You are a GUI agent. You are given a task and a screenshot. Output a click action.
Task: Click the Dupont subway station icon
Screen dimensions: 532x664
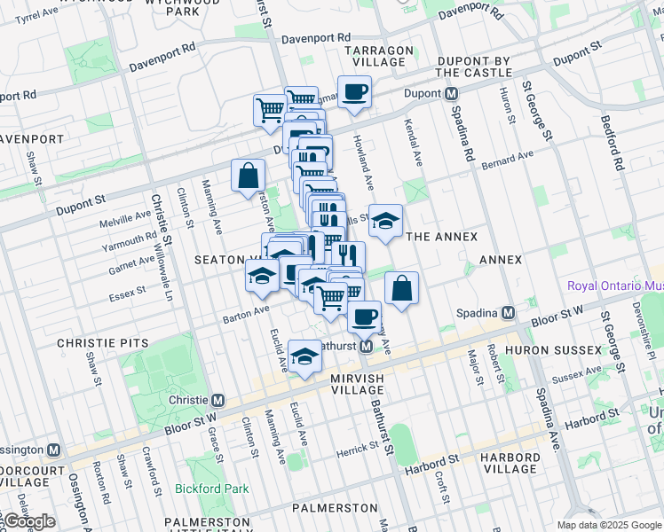[452, 93]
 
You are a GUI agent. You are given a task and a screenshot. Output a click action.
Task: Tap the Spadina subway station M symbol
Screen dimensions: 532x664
[508, 313]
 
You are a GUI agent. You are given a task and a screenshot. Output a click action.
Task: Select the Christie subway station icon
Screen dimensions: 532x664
[218, 400]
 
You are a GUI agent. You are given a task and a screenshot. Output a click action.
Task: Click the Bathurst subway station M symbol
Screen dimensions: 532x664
[366, 346]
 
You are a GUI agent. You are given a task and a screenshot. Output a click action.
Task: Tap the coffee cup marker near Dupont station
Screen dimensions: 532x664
[354, 92]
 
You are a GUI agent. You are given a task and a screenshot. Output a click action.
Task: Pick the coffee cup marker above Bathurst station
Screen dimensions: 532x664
[363, 316]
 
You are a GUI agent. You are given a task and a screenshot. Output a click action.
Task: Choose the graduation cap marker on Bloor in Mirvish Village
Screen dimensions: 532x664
[305, 357]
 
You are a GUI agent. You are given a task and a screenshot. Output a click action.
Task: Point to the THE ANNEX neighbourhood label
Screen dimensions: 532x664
[441, 237]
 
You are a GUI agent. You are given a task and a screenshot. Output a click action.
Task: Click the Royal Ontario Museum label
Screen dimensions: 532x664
[615, 286]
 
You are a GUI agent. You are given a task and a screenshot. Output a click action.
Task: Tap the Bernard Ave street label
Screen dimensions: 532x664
[508, 160]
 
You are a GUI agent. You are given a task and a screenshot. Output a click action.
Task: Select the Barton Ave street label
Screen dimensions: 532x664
[246, 312]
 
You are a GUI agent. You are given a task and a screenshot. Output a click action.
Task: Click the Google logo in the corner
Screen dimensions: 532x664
[29, 521]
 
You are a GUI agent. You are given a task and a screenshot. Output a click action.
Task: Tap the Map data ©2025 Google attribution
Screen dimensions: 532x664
[608, 525]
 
